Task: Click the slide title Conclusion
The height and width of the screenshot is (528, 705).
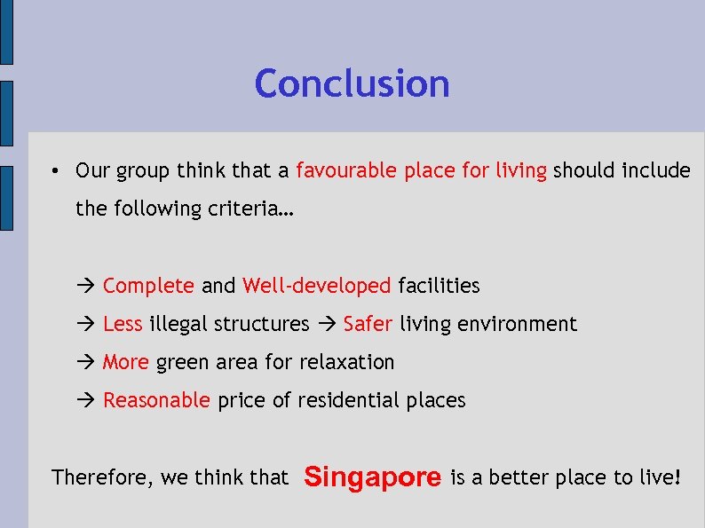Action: (352, 84)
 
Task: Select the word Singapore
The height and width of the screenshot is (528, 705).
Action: (372, 477)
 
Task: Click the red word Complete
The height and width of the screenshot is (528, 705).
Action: (148, 286)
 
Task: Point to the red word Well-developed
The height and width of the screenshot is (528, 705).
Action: (316, 286)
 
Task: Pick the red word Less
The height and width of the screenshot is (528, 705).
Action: (123, 324)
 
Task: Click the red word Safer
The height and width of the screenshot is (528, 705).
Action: (368, 324)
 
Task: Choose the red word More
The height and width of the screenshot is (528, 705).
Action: (125, 362)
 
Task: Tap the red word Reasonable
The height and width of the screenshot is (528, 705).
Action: (156, 400)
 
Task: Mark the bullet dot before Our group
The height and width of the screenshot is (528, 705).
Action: (55, 171)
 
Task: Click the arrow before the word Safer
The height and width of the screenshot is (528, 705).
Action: (327, 325)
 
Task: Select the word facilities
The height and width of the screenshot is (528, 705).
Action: (439, 286)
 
